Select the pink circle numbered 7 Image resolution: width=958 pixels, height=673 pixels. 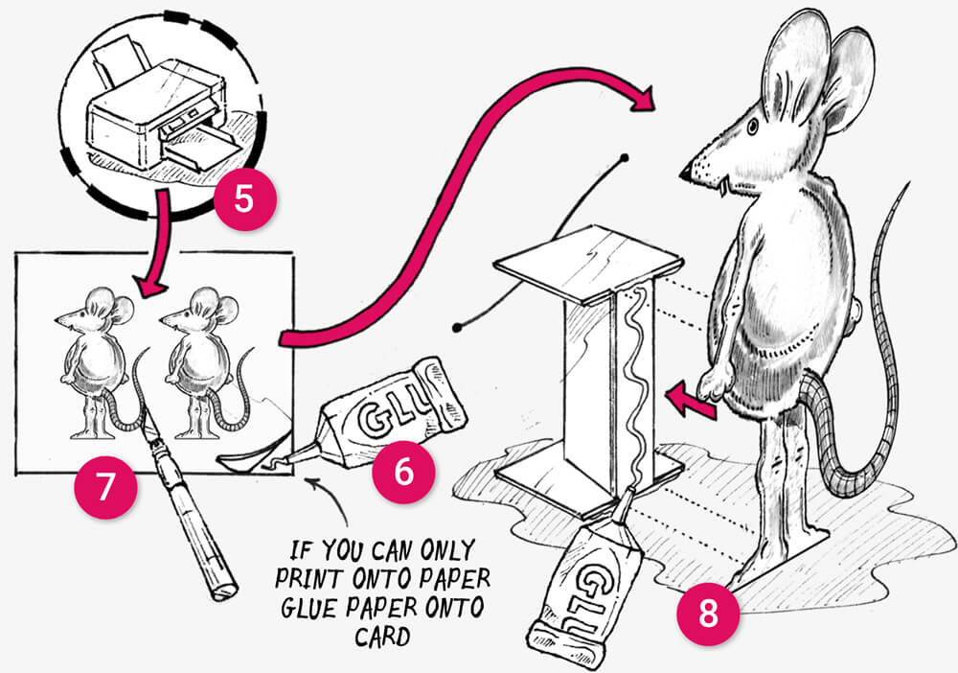[x=105, y=487]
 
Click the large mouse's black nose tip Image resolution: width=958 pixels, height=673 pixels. [x=685, y=174]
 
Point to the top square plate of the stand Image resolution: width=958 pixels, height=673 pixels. [x=589, y=259]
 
